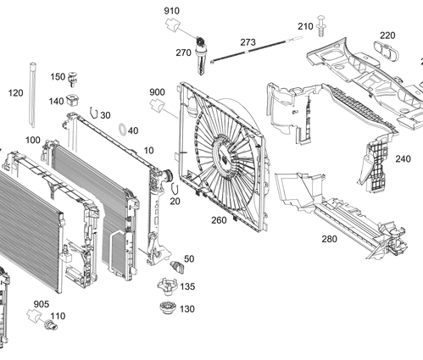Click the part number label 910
[171, 10]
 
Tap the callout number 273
[248, 42]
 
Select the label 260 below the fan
[219, 220]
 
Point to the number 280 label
[329, 240]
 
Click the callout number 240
[403, 158]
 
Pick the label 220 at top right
[387, 36]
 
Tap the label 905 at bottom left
[41, 303]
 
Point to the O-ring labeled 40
[123, 130]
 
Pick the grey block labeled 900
[157, 105]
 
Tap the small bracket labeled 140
[74, 99]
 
